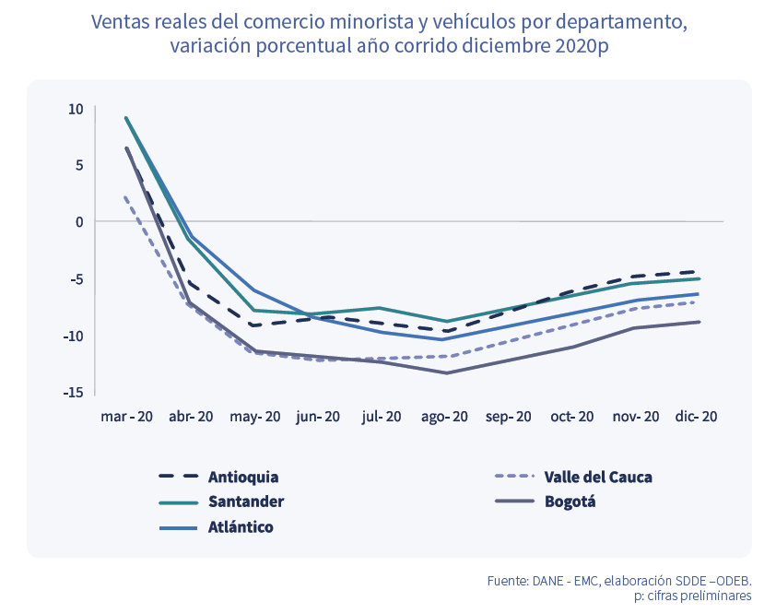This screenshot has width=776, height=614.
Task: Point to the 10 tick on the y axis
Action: point(76,109)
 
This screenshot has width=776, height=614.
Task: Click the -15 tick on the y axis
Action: point(74,393)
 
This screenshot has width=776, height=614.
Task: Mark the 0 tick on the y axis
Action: point(79,222)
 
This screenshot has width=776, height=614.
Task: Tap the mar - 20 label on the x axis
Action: point(126,417)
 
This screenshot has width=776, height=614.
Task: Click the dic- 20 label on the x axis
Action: point(696,417)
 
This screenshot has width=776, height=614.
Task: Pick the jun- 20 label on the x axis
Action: point(318,417)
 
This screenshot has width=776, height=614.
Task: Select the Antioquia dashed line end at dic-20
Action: point(696,272)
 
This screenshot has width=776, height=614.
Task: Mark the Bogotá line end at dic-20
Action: point(696,322)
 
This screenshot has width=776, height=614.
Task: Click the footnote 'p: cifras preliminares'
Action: point(692,596)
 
